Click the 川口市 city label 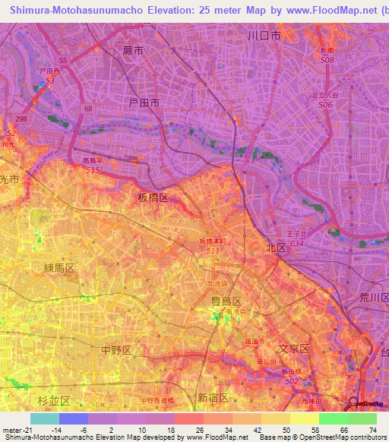[x=264, y=36]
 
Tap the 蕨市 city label [x=131, y=50]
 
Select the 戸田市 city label [x=144, y=102]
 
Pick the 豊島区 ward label [x=226, y=301]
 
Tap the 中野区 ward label [x=116, y=349]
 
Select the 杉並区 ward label [x=54, y=399]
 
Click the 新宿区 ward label [x=213, y=397]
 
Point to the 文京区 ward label [x=293, y=349]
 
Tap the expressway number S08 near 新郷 [x=327, y=59]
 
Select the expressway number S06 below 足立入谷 [x=325, y=104]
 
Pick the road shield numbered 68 [x=88, y=109]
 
